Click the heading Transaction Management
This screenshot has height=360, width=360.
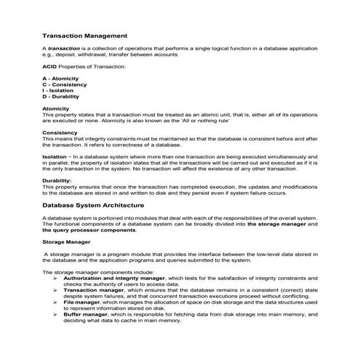[85, 34]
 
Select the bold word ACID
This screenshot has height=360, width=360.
[50, 66]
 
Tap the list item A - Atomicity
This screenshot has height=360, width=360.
[63, 78]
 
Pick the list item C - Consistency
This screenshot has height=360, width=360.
[66, 84]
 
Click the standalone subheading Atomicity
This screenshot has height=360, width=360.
[56, 108]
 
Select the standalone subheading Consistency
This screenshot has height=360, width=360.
[60, 132]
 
